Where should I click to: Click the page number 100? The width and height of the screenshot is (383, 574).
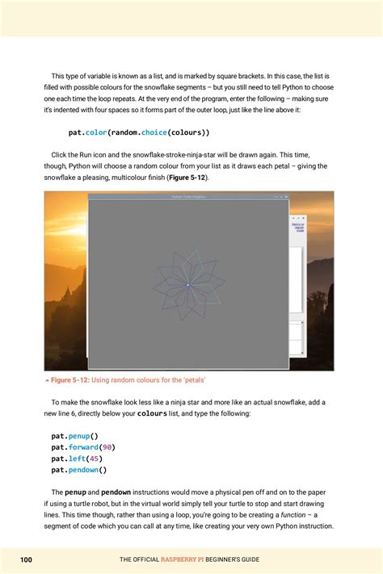click(27, 559)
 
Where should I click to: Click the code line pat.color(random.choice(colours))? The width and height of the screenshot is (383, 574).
click(139, 132)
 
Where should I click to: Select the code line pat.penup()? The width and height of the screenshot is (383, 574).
click(74, 435)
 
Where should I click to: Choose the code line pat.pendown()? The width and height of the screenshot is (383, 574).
click(79, 469)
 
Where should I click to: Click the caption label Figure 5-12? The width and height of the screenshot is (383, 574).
click(74, 379)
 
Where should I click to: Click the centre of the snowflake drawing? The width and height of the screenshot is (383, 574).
click(188, 284)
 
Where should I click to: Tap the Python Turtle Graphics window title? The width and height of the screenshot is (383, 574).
click(188, 196)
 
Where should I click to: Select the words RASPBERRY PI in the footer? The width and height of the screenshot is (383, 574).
click(187, 559)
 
